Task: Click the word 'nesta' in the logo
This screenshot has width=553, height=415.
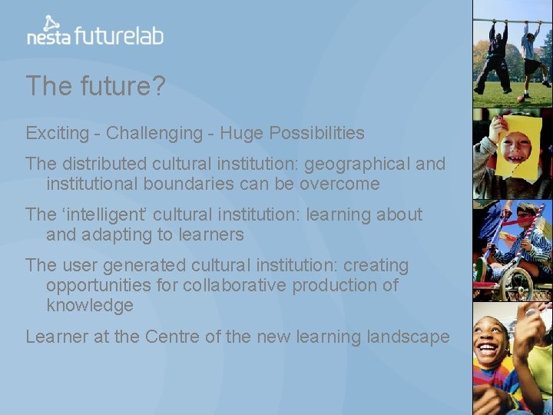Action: tap(49, 35)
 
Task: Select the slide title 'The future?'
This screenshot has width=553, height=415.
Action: tap(95, 86)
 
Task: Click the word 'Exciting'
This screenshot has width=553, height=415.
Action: tap(58, 133)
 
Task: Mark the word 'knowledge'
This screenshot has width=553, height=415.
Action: tap(90, 305)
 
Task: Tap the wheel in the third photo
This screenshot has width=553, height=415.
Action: tap(516, 282)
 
